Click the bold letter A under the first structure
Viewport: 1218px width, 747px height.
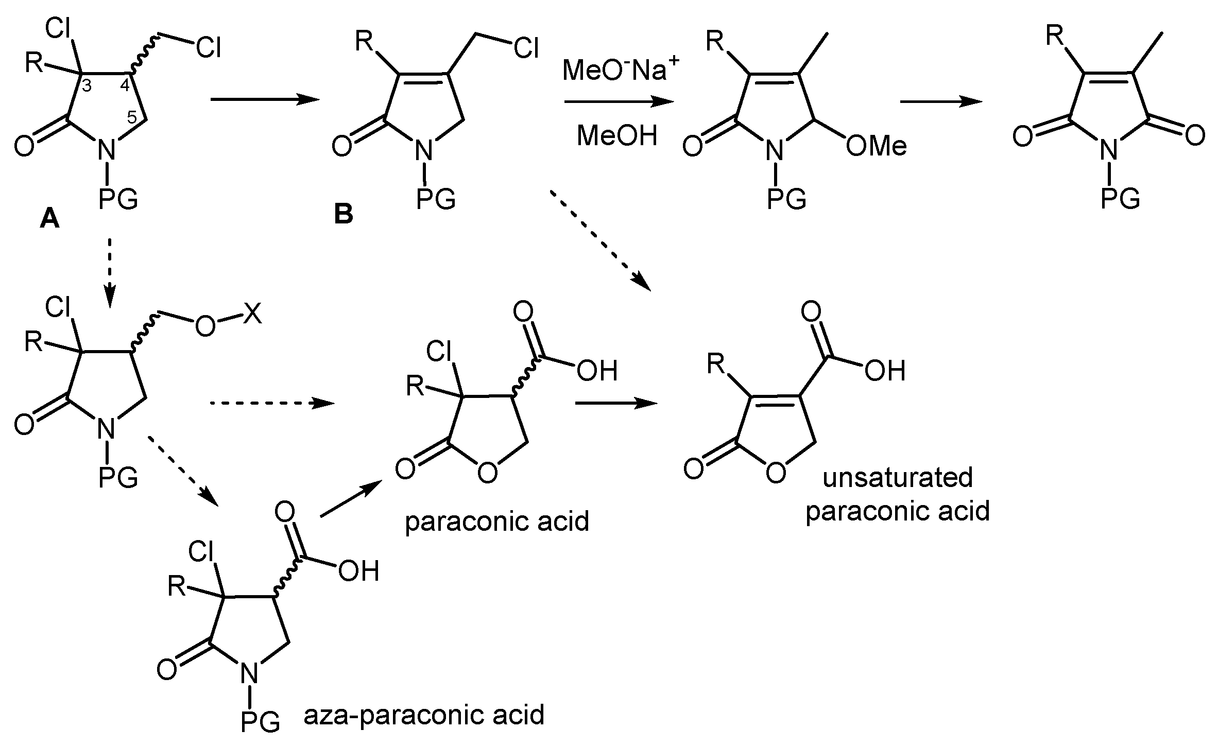(50, 220)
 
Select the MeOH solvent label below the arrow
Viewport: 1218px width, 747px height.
(617, 136)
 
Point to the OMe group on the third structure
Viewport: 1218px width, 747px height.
(876, 147)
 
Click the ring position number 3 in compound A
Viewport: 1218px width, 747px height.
(87, 86)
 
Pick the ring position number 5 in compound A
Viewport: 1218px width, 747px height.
(132, 117)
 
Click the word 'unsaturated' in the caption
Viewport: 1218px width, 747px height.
(898, 477)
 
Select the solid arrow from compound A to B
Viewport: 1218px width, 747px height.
(265, 100)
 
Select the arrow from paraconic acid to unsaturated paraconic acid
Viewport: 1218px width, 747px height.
(616, 403)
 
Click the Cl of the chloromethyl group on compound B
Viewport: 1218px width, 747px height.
(526, 49)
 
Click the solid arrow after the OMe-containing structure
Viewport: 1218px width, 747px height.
(941, 101)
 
